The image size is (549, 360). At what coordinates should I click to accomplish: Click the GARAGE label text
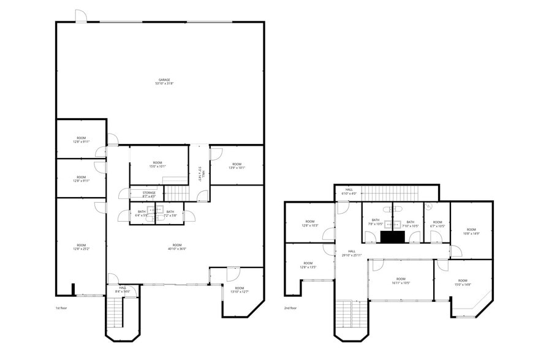164,81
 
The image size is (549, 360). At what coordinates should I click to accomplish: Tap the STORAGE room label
149,195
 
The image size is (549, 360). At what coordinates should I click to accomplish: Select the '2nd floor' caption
291,308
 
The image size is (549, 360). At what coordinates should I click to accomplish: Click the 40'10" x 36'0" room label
177,247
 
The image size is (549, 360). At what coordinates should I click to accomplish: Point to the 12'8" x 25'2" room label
81,247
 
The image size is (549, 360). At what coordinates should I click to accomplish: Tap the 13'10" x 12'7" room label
240,290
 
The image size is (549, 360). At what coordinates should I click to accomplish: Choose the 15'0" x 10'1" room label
157,164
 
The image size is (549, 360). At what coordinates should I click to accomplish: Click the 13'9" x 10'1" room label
237,166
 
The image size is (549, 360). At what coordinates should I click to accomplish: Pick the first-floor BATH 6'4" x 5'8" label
142,214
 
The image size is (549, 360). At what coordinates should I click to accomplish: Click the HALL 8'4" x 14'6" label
123,289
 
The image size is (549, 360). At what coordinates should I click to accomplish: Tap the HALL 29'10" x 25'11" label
352,253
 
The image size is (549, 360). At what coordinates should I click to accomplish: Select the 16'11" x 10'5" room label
401,281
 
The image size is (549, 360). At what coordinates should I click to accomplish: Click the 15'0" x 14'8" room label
463,282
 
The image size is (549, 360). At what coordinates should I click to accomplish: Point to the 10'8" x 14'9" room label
471,231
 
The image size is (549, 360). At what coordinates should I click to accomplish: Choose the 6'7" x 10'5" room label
437,223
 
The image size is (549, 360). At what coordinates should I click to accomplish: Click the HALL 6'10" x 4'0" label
349,192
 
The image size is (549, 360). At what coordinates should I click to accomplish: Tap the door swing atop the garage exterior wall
81,16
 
